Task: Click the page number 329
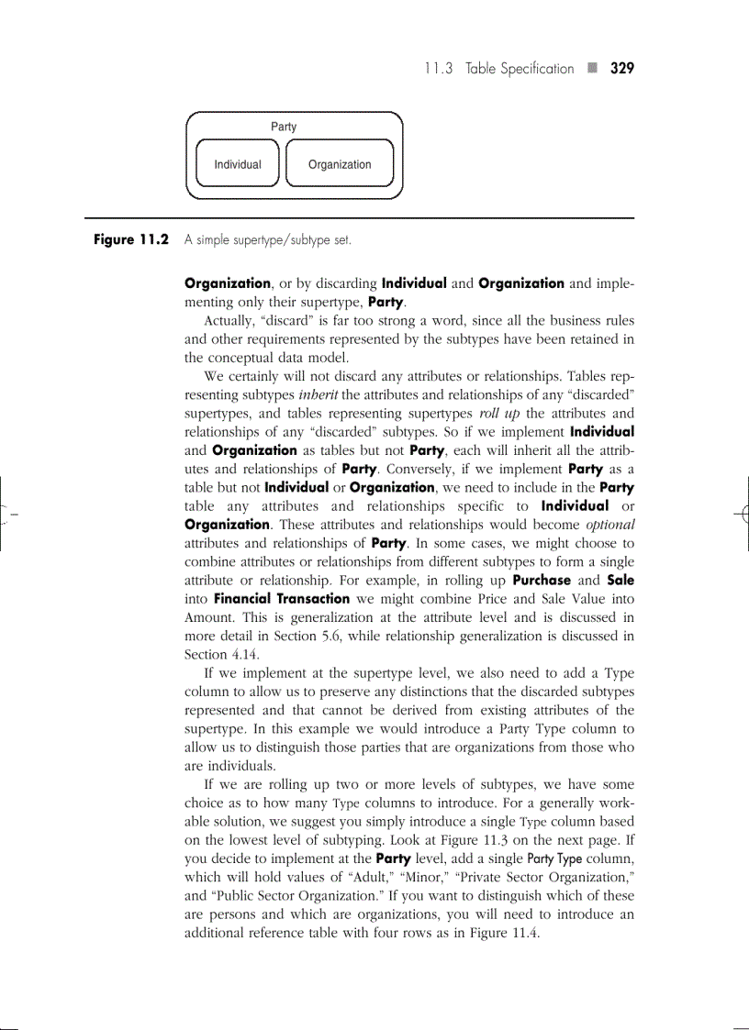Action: [622, 69]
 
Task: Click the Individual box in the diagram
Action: [238, 165]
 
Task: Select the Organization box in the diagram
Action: [340, 165]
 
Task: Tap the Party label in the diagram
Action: [284, 127]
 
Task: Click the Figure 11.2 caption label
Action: [131, 240]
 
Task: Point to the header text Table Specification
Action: [520, 69]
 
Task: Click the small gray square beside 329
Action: [592, 69]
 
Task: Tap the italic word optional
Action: [610, 525]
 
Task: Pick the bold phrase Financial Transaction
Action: [281, 599]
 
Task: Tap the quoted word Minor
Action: [398, 877]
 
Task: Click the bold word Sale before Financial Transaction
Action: [620, 581]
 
